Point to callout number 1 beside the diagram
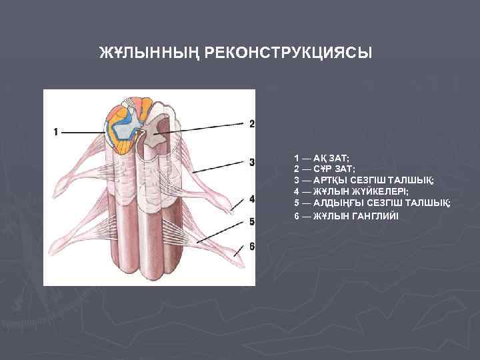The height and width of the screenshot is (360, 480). click(55, 131)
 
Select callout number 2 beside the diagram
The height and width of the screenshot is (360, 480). click(252, 123)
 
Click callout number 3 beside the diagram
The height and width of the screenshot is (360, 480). click(252, 162)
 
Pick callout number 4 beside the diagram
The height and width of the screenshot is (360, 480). click(252, 199)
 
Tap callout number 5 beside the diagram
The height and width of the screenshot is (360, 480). click(252, 221)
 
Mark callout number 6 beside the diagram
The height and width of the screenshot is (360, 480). click(252, 246)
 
